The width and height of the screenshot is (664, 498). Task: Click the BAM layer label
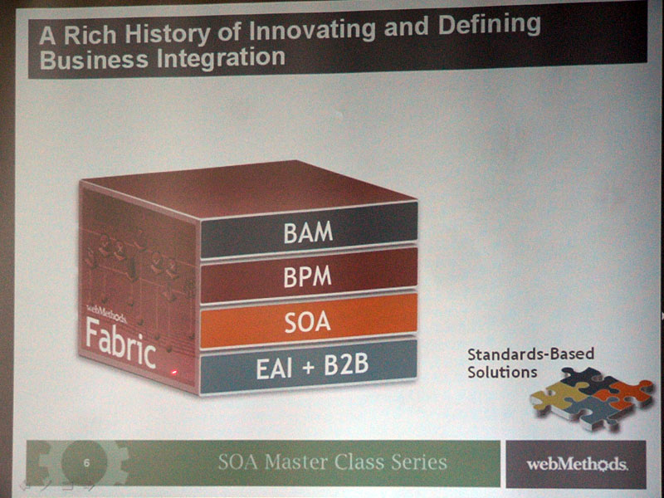click(308, 232)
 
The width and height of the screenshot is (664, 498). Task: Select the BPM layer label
click(307, 276)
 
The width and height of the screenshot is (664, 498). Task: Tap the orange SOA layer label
click(307, 322)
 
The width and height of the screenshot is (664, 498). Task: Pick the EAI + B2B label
click(312, 366)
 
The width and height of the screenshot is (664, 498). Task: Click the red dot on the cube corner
click(173, 373)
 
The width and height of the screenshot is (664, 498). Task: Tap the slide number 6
click(86, 463)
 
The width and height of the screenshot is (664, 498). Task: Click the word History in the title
click(167, 34)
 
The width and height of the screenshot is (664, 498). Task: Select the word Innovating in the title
click(312, 31)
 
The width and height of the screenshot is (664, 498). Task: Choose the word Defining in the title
click(489, 27)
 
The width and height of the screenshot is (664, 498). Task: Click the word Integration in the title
click(221, 58)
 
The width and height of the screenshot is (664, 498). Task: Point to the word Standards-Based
click(530, 354)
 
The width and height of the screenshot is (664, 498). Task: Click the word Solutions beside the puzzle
click(502, 373)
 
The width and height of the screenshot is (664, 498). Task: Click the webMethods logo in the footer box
click(577, 464)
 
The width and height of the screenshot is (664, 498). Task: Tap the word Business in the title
click(94, 60)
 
